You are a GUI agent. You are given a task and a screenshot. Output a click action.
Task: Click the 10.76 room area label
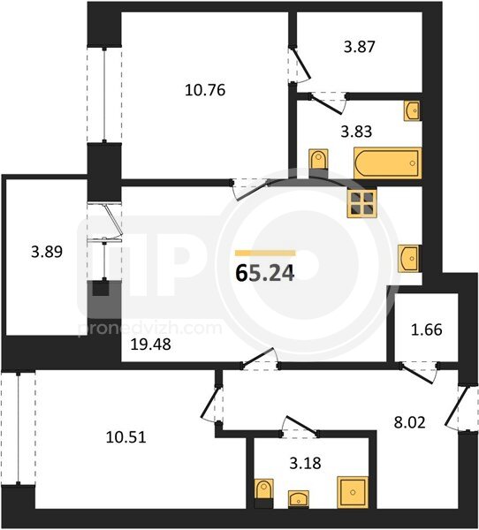[x=205, y=90]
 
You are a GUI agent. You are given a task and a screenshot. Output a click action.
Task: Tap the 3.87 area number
[x=360, y=47]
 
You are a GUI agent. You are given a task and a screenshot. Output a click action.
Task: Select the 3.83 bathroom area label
[x=356, y=131]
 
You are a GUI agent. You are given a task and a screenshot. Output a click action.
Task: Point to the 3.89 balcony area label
[x=47, y=252]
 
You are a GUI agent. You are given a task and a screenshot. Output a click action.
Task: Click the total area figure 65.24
[x=265, y=273]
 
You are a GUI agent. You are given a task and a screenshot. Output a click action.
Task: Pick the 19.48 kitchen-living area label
[x=151, y=344]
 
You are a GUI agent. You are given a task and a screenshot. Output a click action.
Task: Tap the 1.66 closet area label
[x=427, y=329]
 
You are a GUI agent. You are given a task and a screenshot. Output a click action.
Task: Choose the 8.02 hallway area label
[x=410, y=422]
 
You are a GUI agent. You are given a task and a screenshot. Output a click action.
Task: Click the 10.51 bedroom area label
[x=125, y=437]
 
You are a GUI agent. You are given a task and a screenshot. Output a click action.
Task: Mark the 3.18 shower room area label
[x=305, y=463]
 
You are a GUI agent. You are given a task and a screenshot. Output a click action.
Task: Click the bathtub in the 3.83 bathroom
[x=388, y=163]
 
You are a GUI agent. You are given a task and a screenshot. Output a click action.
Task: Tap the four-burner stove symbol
[x=362, y=202]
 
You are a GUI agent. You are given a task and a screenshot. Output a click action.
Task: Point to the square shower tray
[x=353, y=492]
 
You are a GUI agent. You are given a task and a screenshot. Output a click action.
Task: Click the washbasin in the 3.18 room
[x=299, y=498]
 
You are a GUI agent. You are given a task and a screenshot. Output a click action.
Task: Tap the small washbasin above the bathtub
[x=413, y=110]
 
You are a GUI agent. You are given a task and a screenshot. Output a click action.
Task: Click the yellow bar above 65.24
[x=265, y=254]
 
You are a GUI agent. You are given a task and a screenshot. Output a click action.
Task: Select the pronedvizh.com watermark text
[x=150, y=329]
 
